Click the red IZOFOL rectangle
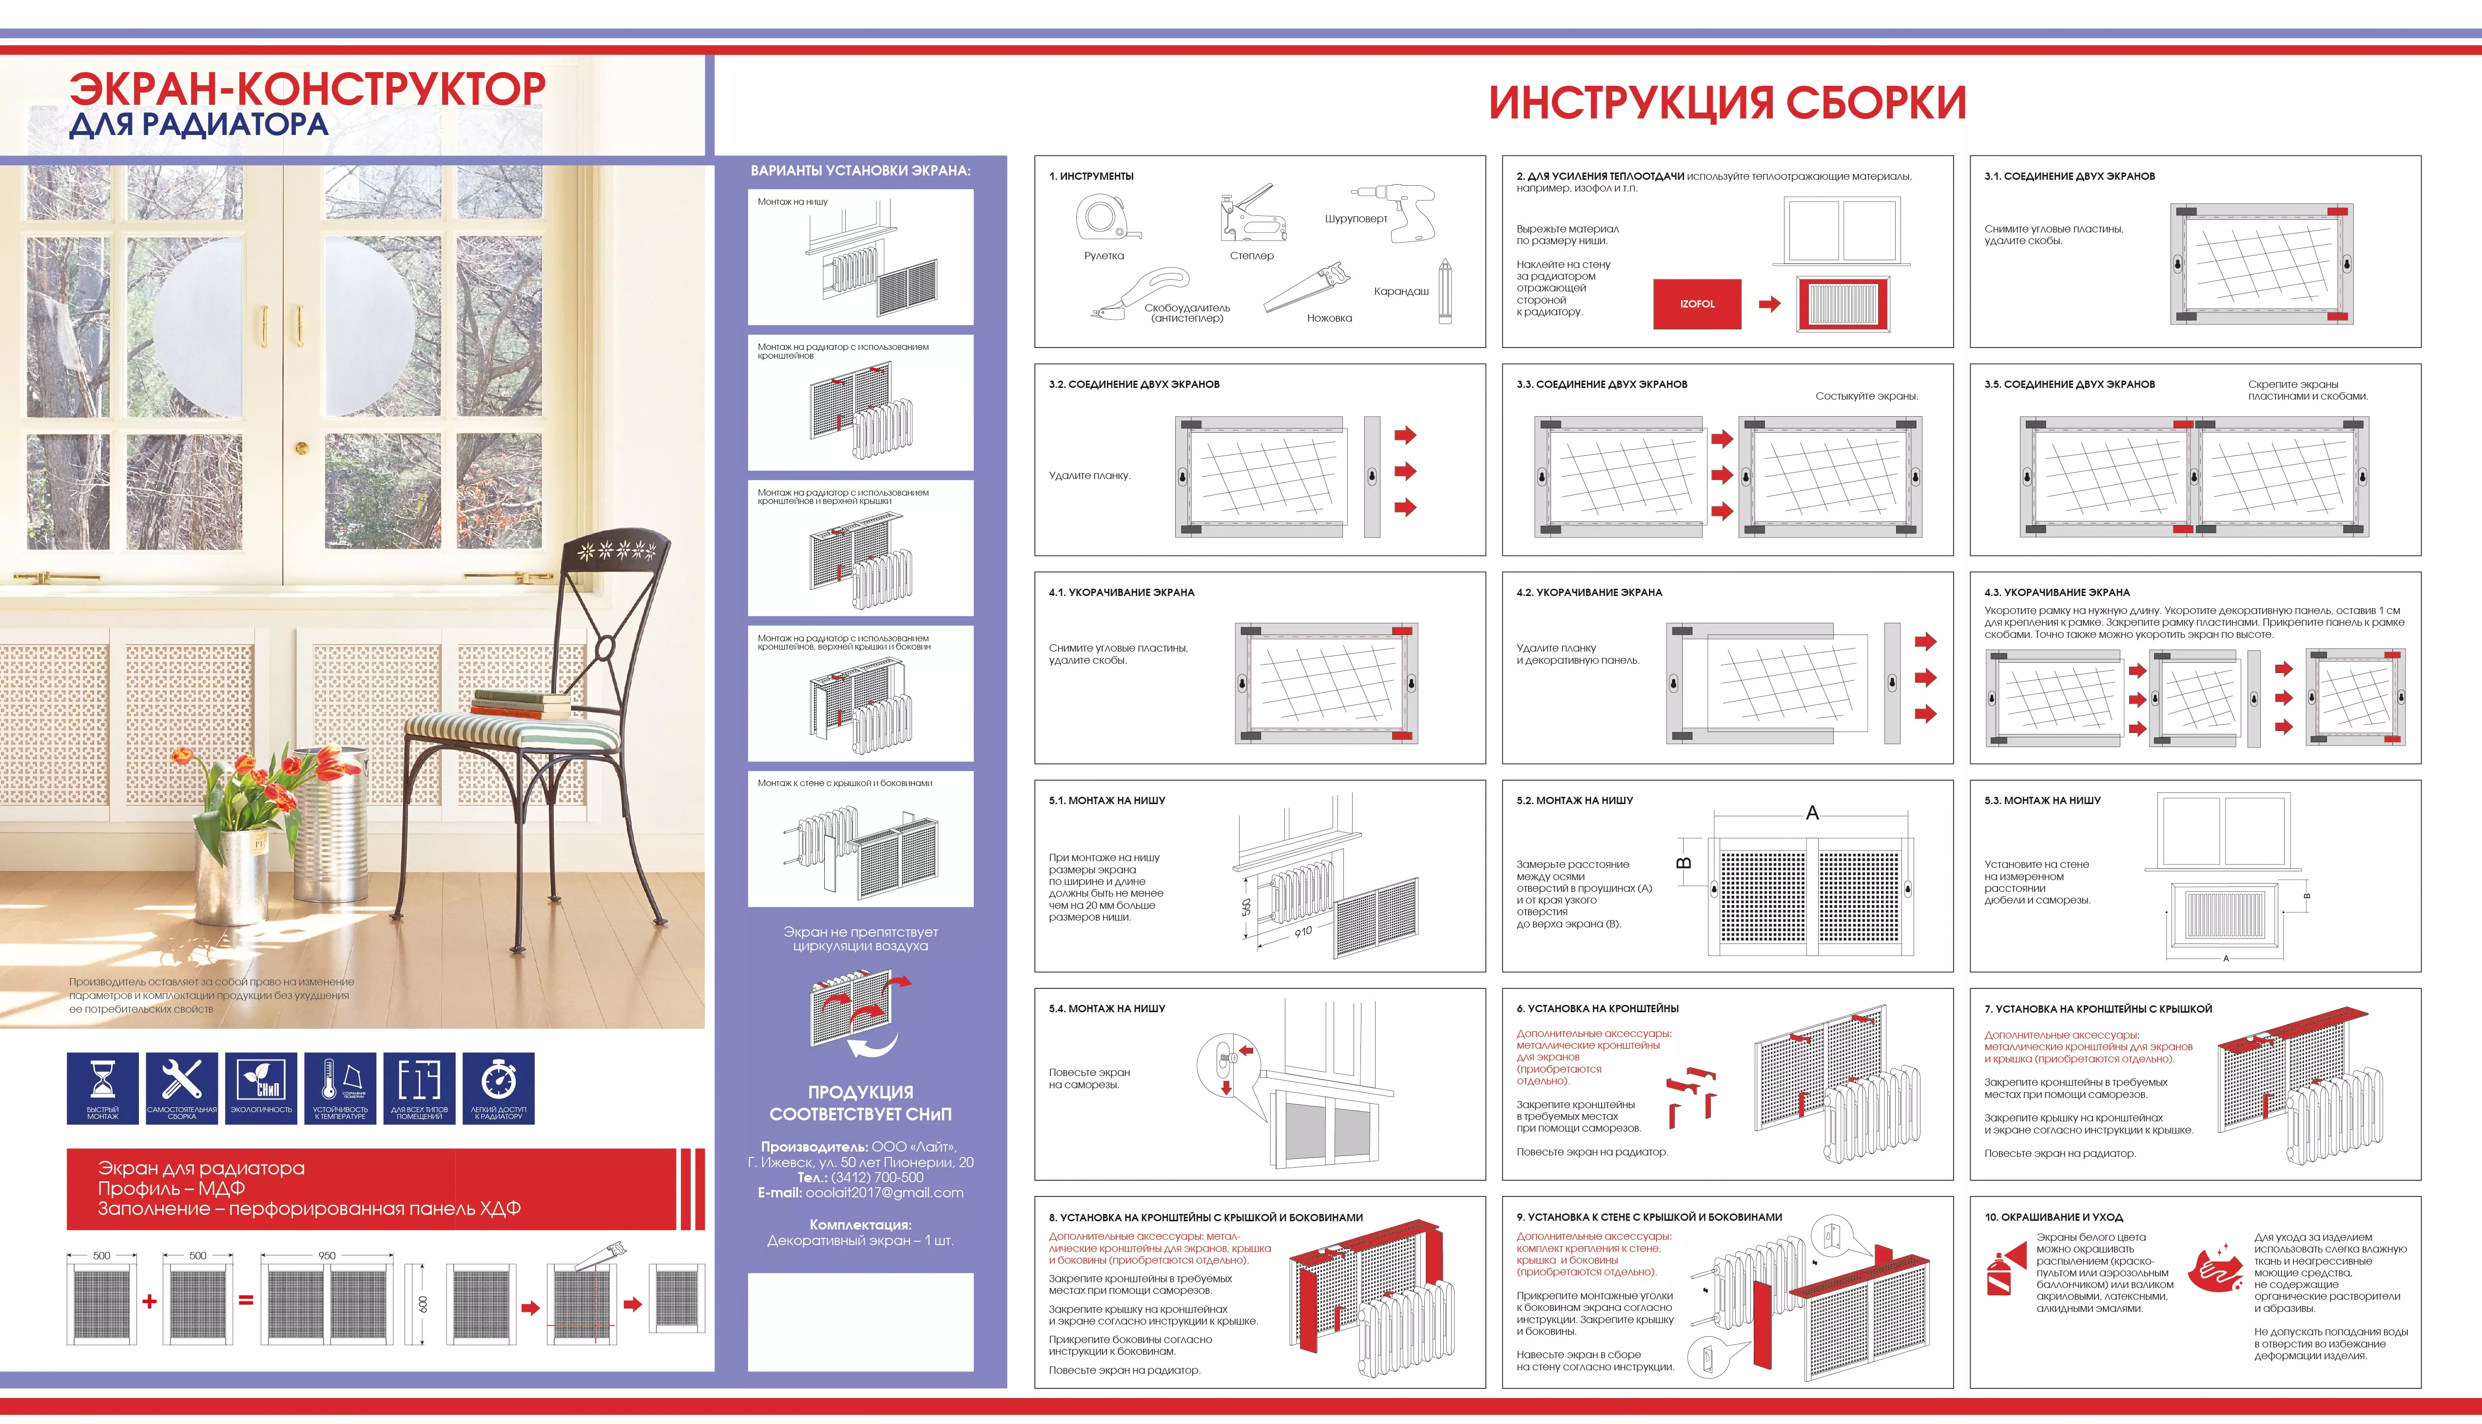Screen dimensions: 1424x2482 (1697, 304)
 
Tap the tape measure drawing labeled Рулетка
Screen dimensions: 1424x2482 (1106, 217)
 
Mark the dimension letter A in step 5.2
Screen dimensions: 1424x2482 (1812, 813)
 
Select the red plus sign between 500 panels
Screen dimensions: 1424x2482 (150, 1301)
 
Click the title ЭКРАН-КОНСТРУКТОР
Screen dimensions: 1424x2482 (307, 88)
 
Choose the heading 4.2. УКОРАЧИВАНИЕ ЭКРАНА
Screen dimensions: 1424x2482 (1589, 593)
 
